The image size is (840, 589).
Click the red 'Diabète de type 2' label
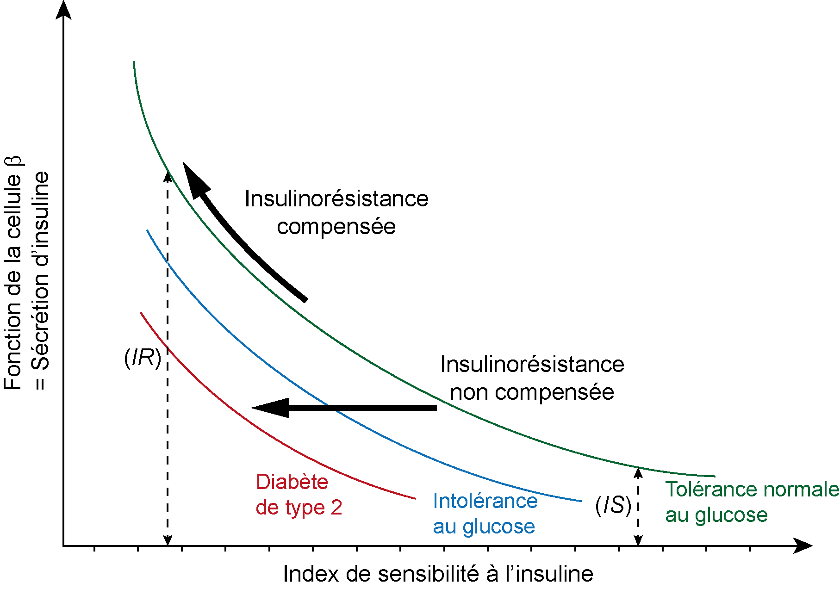(x=299, y=495)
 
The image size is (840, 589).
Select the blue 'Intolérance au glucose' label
(x=485, y=514)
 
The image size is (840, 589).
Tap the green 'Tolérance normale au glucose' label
(x=751, y=502)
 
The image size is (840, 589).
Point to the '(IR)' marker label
(x=143, y=358)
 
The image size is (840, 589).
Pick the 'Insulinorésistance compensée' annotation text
(x=336, y=212)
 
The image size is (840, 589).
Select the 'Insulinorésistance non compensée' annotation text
(x=532, y=378)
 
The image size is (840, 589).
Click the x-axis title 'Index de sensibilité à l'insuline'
(x=438, y=574)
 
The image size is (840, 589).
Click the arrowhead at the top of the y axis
(x=64, y=9)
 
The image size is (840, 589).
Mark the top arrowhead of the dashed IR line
(x=168, y=176)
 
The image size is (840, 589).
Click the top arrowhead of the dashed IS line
(x=638, y=472)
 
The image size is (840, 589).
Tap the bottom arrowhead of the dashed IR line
(x=168, y=540)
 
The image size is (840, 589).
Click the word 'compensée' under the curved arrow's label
(x=336, y=227)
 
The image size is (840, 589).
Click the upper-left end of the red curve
(x=141, y=313)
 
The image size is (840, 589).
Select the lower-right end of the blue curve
(x=581, y=501)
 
